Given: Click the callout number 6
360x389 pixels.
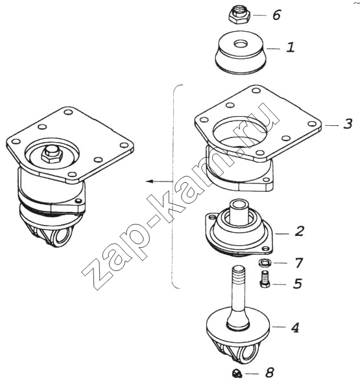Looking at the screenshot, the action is click(x=276, y=15).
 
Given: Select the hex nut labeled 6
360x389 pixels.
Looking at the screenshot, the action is click(x=239, y=15).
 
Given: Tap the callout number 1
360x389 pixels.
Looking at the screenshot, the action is click(x=291, y=47).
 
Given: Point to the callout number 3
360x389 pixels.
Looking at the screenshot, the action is click(x=348, y=124).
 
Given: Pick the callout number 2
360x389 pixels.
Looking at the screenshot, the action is click(x=300, y=231).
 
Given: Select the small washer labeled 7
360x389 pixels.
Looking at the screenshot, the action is click(x=265, y=263).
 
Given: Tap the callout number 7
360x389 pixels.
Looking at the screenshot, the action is click(x=298, y=263).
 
